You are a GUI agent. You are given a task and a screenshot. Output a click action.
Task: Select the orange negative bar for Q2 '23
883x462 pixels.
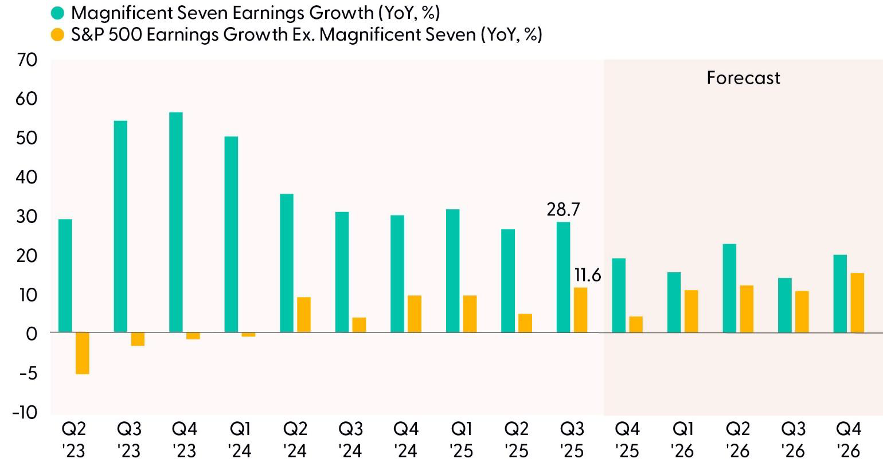click(x=83, y=353)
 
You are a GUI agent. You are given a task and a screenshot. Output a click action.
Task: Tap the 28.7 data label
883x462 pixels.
click(x=563, y=209)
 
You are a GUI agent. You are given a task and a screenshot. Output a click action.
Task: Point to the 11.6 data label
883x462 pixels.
click(x=588, y=276)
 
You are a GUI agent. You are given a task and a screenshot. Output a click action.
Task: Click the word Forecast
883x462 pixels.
click(x=743, y=78)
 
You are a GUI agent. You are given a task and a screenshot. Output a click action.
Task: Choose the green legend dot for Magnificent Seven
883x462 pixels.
click(x=57, y=13)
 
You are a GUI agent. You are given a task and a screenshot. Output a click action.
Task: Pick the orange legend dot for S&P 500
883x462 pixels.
click(x=57, y=35)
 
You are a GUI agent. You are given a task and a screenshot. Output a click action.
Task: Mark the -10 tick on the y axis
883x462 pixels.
click(x=24, y=412)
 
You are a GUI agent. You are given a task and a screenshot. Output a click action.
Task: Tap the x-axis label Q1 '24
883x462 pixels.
click(x=239, y=439)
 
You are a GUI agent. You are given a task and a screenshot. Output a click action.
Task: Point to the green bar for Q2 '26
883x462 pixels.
click(x=729, y=288)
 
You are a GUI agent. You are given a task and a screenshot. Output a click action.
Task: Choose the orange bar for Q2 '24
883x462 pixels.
click(x=303, y=315)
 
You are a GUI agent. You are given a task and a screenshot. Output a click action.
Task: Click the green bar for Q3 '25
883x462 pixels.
click(x=563, y=277)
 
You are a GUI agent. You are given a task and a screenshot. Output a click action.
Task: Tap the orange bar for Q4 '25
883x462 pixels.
click(x=636, y=324)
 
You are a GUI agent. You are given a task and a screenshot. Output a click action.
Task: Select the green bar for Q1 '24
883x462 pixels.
click(x=231, y=234)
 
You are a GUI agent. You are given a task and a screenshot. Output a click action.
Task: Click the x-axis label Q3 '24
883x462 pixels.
click(x=350, y=439)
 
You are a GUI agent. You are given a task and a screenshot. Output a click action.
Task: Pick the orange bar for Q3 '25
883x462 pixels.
click(x=580, y=310)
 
